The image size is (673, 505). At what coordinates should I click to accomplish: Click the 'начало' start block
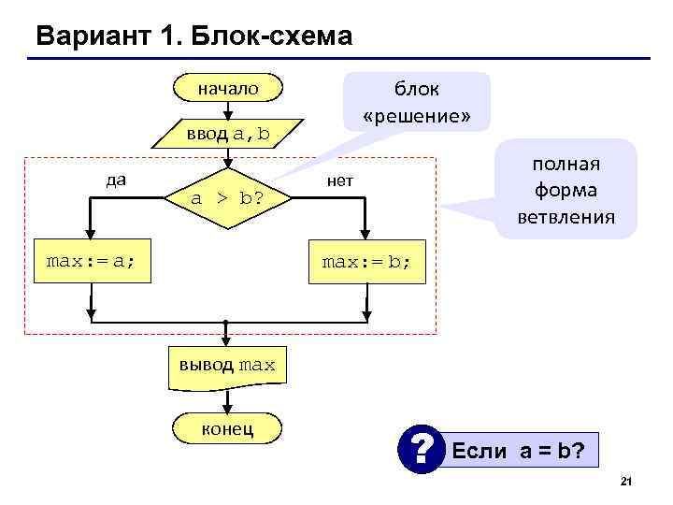click(227, 89)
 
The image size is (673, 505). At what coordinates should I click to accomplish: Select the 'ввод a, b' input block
click(227, 134)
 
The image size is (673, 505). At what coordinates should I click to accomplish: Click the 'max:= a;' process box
click(92, 261)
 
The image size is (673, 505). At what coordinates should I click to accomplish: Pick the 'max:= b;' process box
click(365, 261)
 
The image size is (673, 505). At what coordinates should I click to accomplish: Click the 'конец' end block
click(227, 428)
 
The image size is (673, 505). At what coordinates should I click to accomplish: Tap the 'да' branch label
click(117, 179)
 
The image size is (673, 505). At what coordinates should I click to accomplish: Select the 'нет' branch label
click(339, 180)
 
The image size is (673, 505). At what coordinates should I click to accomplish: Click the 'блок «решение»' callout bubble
click(416, 102)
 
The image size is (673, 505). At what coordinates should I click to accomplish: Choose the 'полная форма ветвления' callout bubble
click(566, 190)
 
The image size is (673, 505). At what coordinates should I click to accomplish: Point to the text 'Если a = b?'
click(519, 452)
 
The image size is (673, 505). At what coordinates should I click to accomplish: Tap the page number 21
click(626, 481)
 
